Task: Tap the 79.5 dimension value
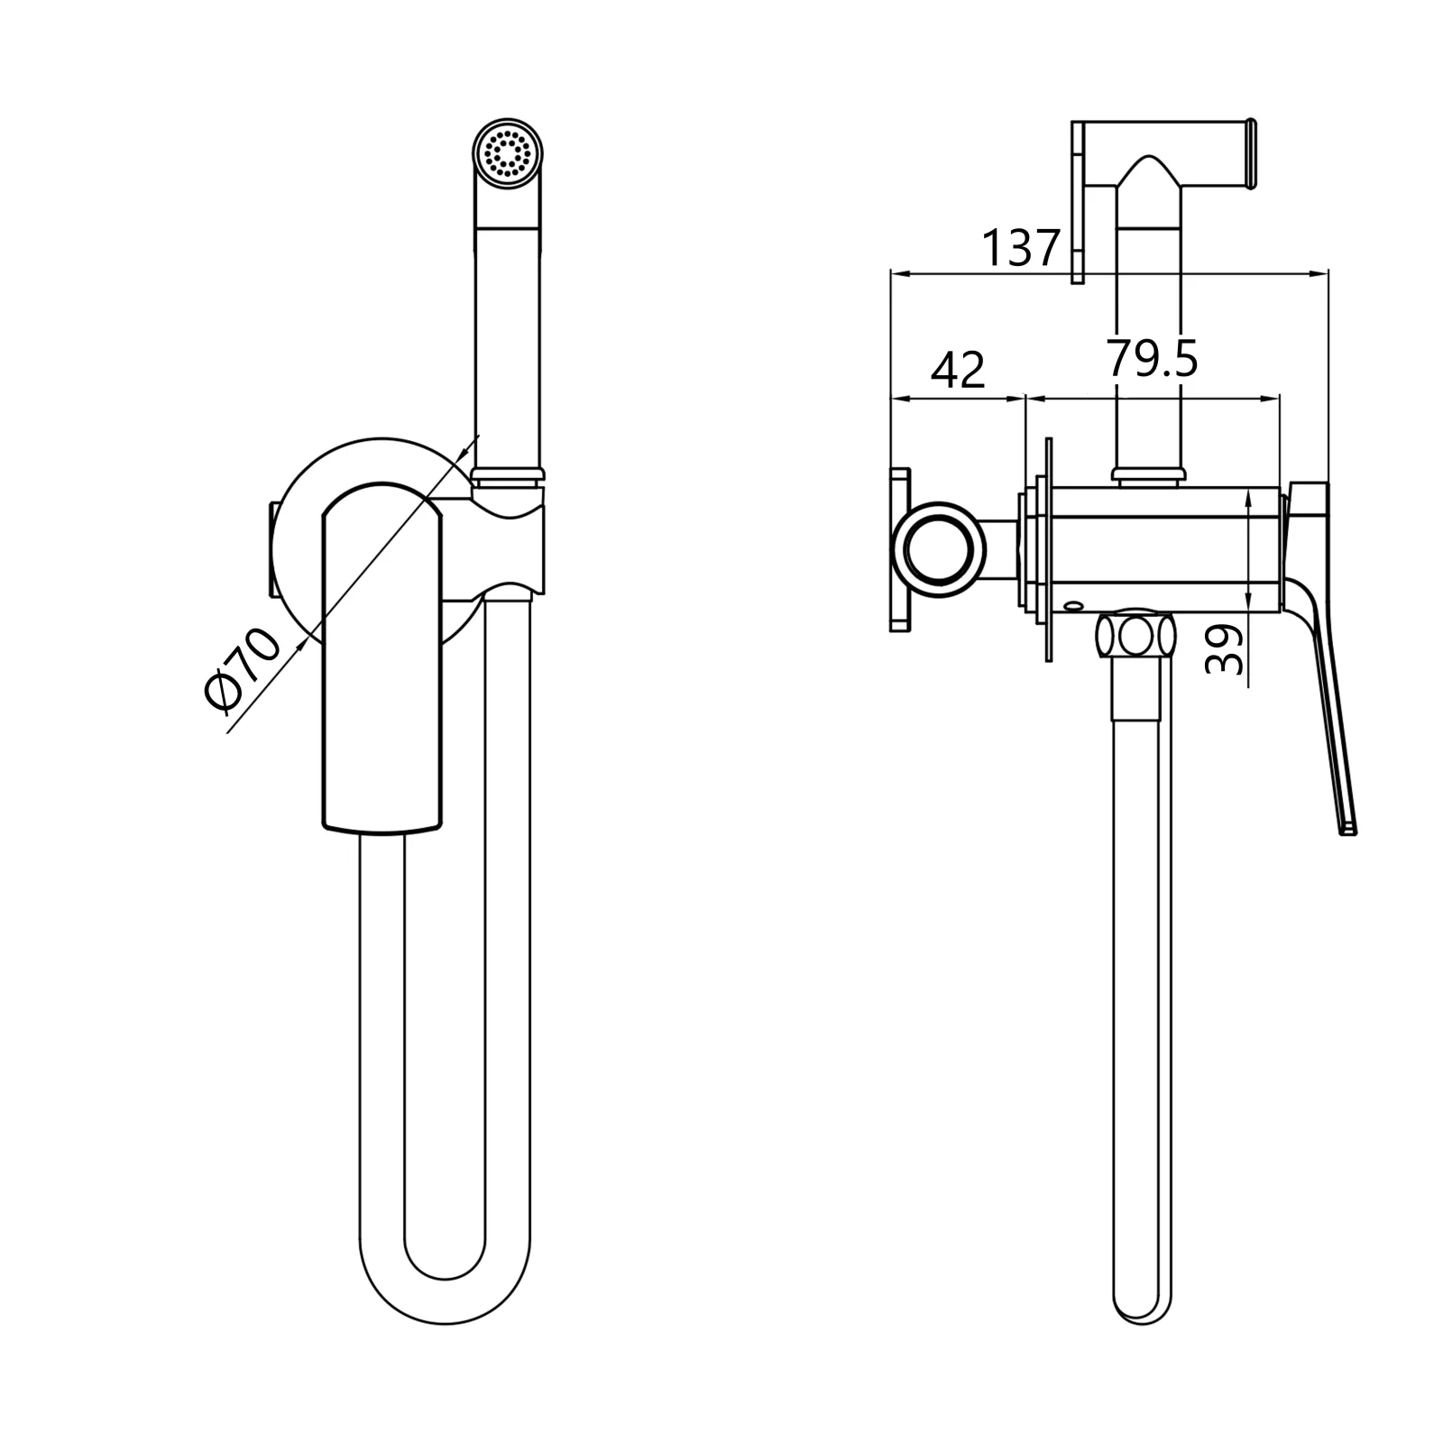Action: (x=1152, y=358)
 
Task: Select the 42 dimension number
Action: (x=958, y=370)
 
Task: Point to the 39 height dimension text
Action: (x=1224, y=650)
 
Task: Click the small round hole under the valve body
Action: (x=1074, y=605)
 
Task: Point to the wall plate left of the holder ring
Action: (x=900, y=549)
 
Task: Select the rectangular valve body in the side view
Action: (x=1165, y=548)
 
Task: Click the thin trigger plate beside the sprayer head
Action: (x=1077, y=202)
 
